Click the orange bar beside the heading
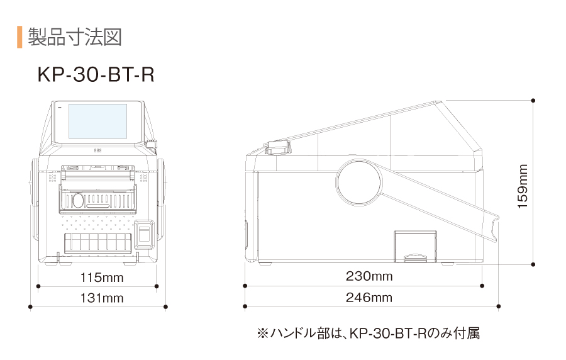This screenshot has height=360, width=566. [19, 37]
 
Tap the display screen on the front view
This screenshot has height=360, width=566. [97, 121]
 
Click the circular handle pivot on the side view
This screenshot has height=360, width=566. [359, 183]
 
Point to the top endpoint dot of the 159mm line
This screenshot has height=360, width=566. [533, 100]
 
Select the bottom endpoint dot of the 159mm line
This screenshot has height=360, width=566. [533, 265]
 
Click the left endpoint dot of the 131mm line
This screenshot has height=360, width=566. [31, 307]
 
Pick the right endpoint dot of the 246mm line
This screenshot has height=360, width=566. [499, 307]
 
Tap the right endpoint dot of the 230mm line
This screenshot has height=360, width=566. [482, 286]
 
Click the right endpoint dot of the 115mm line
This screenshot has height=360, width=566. [157, 286]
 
